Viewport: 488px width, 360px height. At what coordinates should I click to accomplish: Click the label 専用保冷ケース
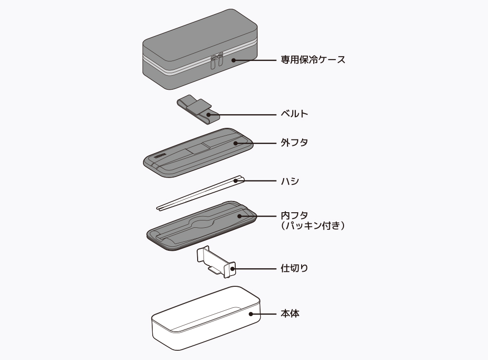click(313, 60)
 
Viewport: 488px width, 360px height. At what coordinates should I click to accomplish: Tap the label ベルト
click(294, 114)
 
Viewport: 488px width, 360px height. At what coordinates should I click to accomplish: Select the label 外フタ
click(294, 143)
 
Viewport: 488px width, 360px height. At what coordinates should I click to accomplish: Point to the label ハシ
click(290, 181)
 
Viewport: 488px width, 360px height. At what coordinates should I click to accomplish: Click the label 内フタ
click(294, 215)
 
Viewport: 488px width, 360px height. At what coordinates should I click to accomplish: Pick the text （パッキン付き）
click(313, 226)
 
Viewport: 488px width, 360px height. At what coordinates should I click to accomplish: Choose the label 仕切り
click(294, 268)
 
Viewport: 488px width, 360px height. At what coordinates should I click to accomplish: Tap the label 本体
click(290, 314)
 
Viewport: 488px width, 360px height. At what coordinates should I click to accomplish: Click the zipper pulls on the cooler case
click(216, 61)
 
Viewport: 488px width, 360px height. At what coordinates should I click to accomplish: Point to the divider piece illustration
click(215, 262)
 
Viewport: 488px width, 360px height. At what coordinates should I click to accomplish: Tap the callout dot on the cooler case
click(234, 60)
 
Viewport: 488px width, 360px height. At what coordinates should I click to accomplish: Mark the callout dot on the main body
click(251, 314)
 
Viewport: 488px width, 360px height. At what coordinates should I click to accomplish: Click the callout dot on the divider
click(233, 268)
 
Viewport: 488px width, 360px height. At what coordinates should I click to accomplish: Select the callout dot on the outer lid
click(235, 143)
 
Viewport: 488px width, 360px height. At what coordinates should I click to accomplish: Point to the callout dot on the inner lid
click(240, 215)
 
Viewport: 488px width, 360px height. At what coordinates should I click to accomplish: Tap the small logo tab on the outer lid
click(155, 157)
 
